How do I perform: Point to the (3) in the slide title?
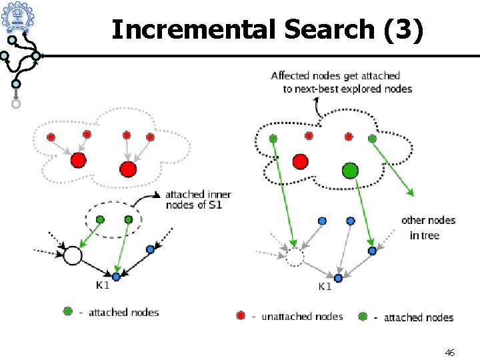tap(402, 29)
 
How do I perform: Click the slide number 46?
tap(449, 352)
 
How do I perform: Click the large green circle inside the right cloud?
tap(350, 171)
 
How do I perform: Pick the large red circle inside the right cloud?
tap(300, 161)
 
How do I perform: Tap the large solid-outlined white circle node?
tap(72, 255)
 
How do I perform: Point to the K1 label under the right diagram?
tap(325, 287)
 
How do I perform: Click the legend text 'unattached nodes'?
tap(302, 317)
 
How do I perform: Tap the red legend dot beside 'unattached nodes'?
tap(241, 315)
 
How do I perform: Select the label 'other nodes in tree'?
tap(428, 227)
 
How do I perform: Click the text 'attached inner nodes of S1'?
tap(198, 199)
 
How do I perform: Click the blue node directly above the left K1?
tap(116, 276)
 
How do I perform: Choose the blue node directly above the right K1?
tap(338, 277)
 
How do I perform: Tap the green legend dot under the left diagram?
tap(67, 311)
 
